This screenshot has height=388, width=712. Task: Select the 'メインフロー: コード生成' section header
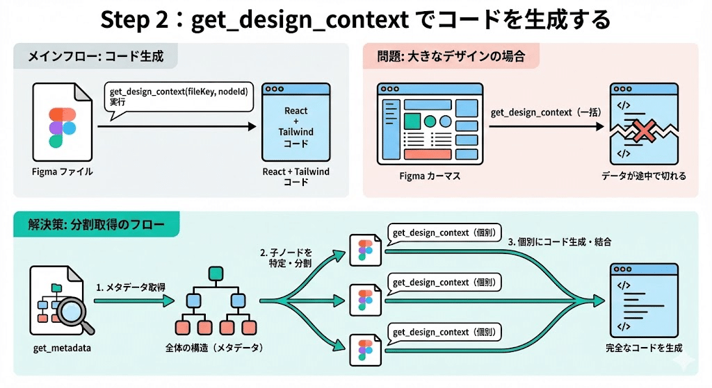95,56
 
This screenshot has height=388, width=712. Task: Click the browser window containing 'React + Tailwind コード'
296,123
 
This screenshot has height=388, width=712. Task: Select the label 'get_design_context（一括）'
545,112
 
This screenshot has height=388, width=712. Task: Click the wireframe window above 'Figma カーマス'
429,123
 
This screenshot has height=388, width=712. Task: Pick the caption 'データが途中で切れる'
643,176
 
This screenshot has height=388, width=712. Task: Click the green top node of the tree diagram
215,272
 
